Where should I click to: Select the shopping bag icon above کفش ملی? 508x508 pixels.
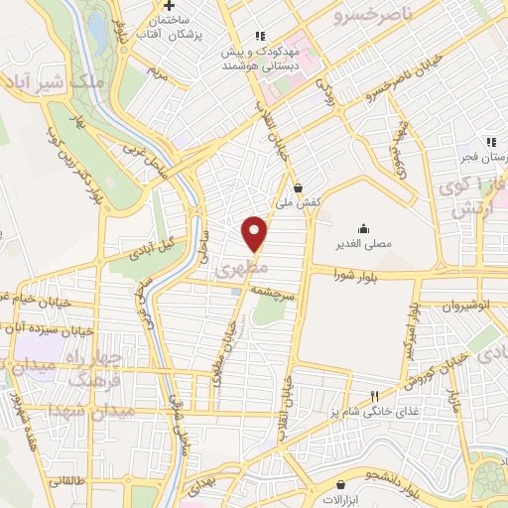299,187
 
